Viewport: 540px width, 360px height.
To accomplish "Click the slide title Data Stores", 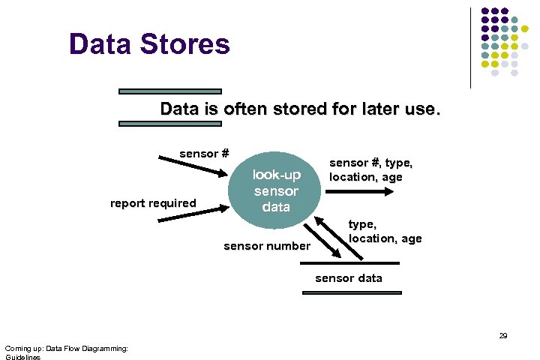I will tap(148, 44).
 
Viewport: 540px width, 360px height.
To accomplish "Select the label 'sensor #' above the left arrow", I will tap(204, 154).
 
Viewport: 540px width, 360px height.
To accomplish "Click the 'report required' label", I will tap(152, 202).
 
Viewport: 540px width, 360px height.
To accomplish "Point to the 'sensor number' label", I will tap(266, 246).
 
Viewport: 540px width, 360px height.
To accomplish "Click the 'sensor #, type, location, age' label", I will tap(371, 169).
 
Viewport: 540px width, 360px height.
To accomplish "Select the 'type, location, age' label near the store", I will tap(385, 231).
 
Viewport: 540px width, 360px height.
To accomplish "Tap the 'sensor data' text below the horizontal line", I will tap(348, 278).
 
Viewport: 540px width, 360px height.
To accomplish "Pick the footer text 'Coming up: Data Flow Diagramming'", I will tap(66, 348).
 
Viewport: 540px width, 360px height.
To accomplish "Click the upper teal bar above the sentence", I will tap(170, 91).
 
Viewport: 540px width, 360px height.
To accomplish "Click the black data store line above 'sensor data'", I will tap(349, 264).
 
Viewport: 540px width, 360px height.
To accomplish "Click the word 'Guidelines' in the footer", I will tap(22, 357).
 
